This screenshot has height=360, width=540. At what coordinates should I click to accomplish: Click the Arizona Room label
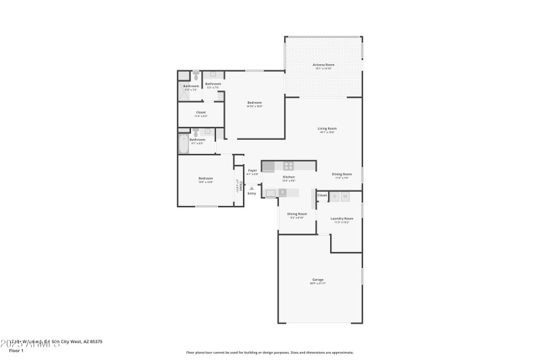[323, 66]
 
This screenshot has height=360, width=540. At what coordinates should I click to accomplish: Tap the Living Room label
[327, 129]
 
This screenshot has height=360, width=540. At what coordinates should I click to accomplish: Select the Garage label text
[317, 280]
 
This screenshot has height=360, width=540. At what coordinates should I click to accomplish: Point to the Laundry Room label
[342, 219]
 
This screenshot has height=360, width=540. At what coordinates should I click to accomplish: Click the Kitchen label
[288, 178]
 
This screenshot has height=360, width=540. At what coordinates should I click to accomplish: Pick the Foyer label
[252, 171]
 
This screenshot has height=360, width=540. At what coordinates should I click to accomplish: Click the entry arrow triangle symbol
[252, 188]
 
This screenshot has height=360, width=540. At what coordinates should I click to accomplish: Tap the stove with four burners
[288, 165]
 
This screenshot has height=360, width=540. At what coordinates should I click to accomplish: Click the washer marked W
[345, 197]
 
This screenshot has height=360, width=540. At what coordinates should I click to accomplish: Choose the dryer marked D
[334, 197]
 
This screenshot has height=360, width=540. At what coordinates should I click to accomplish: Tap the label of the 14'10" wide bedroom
[254, 103]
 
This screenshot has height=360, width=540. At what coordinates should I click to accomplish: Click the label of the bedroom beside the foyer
[205, 179]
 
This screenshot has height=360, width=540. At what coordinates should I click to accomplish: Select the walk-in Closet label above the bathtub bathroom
[200, 113]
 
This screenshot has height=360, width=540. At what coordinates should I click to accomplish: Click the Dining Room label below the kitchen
[298, 215]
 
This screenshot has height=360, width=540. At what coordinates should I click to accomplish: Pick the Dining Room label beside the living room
[342, 175]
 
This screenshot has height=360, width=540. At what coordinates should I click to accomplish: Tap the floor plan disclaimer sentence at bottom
[269, 352]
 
